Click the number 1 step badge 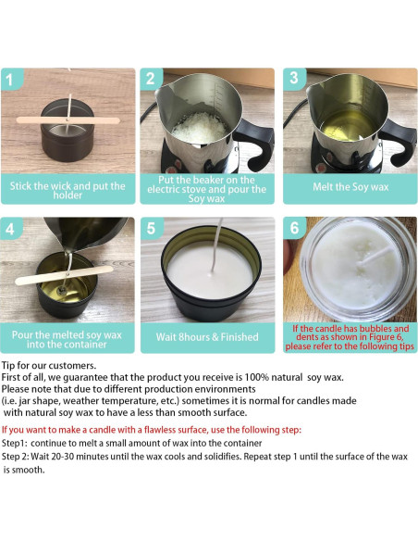[x=12, y=78]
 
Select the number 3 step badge [x=294, y=78]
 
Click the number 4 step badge [x=12, y=228]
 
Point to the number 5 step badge [x=153, y=228]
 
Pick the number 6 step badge [x=294, y=228]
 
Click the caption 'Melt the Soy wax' [x=350, y=185]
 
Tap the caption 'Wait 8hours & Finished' [x=208, y=336]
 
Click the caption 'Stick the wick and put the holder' [x=68, y=190]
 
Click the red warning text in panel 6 [x=350, y=337]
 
